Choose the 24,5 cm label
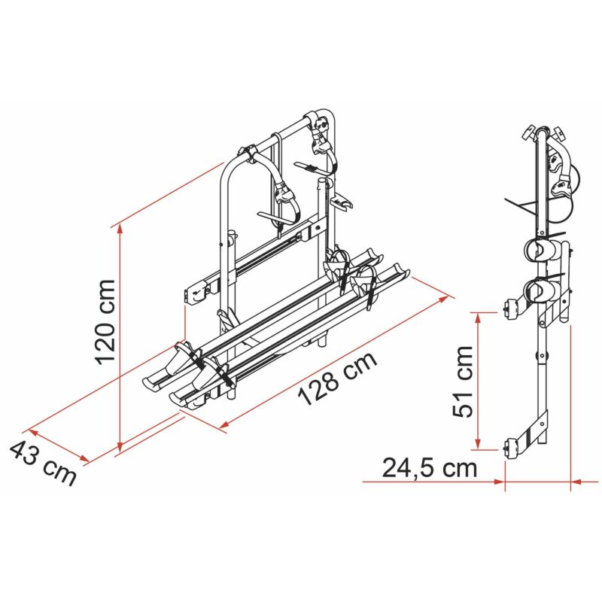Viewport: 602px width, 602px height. coord(428,467)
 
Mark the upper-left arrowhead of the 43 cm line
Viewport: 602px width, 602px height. coord(32,433)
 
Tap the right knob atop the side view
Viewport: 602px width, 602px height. coord(560,134)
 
